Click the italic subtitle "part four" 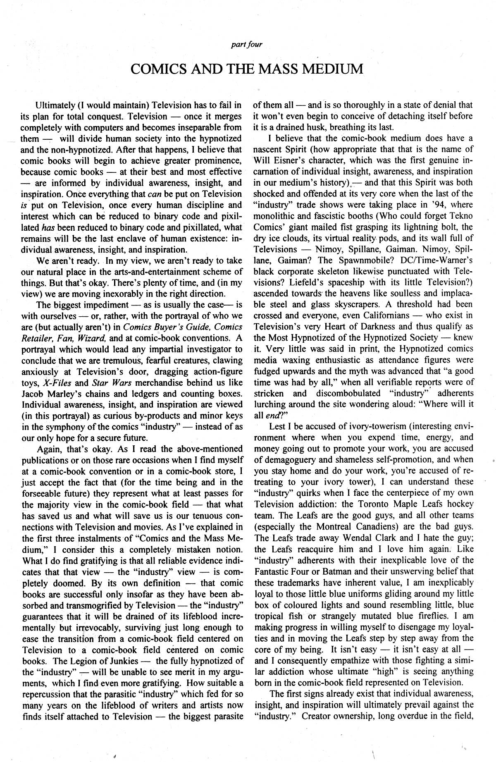coord(247,45)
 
